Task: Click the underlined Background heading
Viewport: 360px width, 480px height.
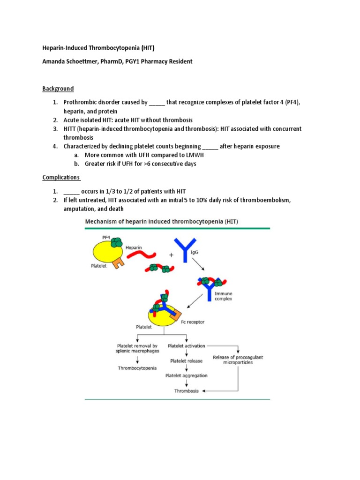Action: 58,89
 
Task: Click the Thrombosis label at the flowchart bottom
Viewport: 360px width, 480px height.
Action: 187,390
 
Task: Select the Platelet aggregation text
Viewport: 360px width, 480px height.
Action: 187,375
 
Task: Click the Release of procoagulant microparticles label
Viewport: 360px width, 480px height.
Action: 238,360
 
